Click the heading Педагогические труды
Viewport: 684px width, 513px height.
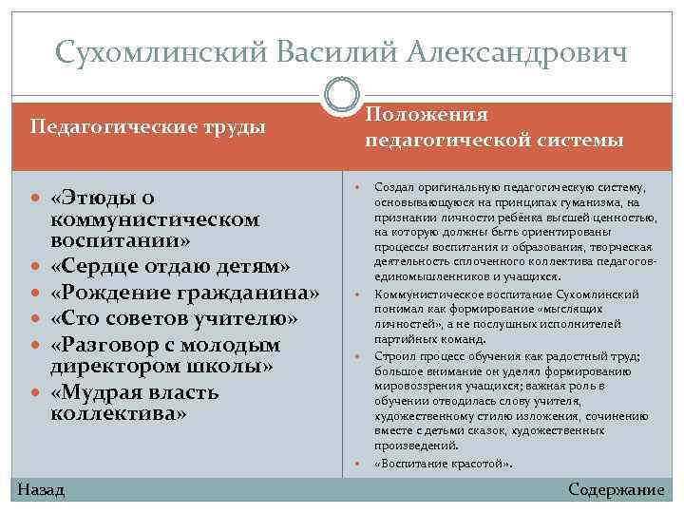(148, 126)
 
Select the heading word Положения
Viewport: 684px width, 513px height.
(427, 114)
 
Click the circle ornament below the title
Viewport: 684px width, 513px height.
(342, 96)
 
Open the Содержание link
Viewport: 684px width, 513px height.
(616, 489)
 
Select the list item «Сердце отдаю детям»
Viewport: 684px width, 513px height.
(170, 263)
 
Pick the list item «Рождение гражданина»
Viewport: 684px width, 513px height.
(184, 290)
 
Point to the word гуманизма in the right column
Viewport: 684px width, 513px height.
(607, 201)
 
